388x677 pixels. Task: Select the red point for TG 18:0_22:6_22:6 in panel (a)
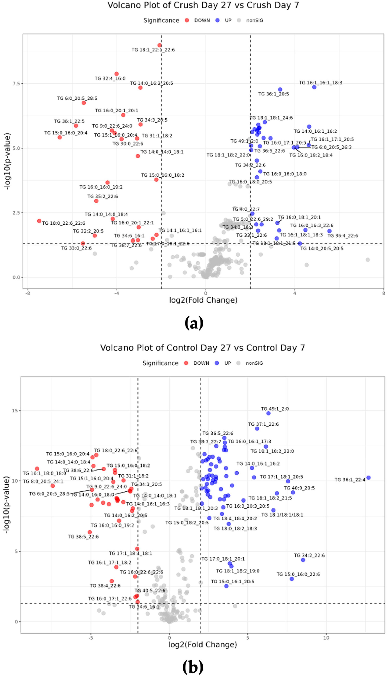pyautogui.click(x=39, y=221)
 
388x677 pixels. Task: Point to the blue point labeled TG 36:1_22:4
pyautogui.click(x=368, y=478)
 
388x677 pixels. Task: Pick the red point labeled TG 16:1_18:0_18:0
pyautogui.click(x=37, y=469)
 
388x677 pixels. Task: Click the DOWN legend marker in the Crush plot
pyautogui.click(x=187, y=21)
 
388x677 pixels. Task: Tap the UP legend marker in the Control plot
pyautogui.click(x=217, y=363)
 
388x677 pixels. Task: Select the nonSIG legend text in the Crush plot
pyautogui.click(x=254, y=21)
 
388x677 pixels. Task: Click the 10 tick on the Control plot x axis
pyautogui.click(x=326, y=638)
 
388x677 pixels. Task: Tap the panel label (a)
pyautogui.click(x=194, y=323)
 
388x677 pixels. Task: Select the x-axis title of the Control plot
pyautogui.click(x=202, y=645)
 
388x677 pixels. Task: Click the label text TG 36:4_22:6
pyautogui.click(x=343, y=236)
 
